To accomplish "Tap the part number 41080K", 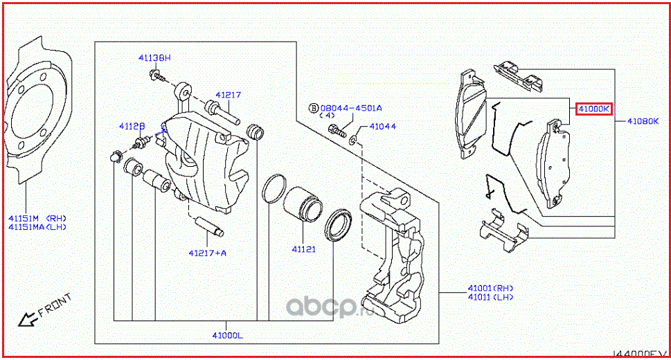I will point(642,121).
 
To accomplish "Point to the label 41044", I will point(382,127).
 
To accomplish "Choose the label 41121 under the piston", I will point(303,249).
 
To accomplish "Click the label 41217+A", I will point(207,253).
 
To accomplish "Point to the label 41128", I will point(131,127).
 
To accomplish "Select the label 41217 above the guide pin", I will point(227,95).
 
